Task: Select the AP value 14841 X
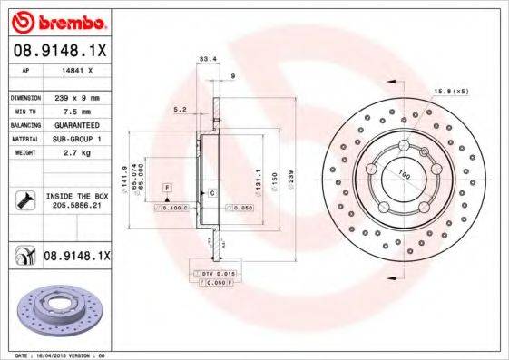76,69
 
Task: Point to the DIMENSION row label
25,96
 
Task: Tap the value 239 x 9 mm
77,96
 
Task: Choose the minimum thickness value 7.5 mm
76,110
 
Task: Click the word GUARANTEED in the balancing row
77,124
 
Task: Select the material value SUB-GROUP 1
77,139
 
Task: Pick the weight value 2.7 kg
76,153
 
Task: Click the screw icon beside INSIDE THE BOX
24,200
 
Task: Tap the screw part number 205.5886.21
77,206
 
